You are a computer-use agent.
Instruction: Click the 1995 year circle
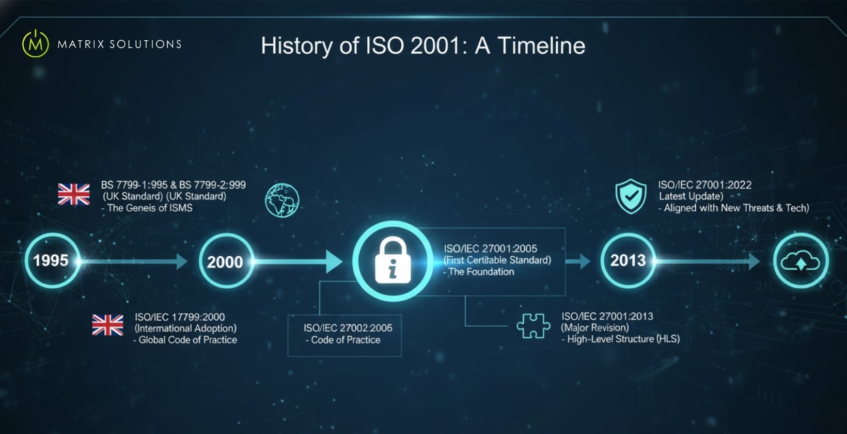click(52, 260)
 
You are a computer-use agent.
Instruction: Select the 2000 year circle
click(226, 261)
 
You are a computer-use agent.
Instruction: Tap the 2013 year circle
click(628, 260)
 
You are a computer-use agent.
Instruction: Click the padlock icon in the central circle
click(393, 260)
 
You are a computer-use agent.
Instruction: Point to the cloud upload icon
click(800, 261)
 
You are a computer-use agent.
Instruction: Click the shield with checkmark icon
click(631, 196)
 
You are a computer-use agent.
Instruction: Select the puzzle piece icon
click(533, 327)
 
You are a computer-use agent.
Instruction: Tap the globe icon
click(282, 200)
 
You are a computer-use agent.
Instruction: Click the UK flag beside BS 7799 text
click(74, 194)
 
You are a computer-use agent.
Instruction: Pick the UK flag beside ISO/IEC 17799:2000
click(108, 325)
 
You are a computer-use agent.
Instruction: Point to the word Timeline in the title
click(541, 45)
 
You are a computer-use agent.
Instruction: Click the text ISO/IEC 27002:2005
click(348, 328)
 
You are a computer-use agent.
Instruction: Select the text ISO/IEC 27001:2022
click(704, 185)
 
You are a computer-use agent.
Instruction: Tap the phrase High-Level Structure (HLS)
click(623, 339)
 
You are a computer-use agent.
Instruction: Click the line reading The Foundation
click(481, 272)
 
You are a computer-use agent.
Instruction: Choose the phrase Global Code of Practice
click(187, 340)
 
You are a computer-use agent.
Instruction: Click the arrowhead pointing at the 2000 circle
click(182, 261)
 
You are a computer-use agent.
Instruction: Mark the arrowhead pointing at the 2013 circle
click(585, 261)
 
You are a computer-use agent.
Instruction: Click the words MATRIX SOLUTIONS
click(119, 44)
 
